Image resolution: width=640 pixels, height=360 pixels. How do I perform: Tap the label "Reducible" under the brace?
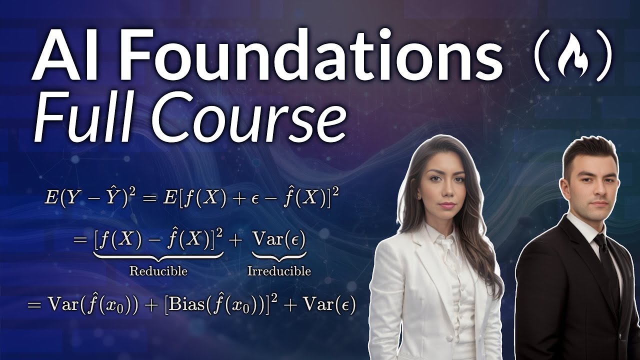158,271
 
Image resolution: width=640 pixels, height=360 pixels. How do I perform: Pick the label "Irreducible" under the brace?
279,271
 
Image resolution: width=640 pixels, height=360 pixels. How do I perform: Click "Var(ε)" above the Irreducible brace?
279,240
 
